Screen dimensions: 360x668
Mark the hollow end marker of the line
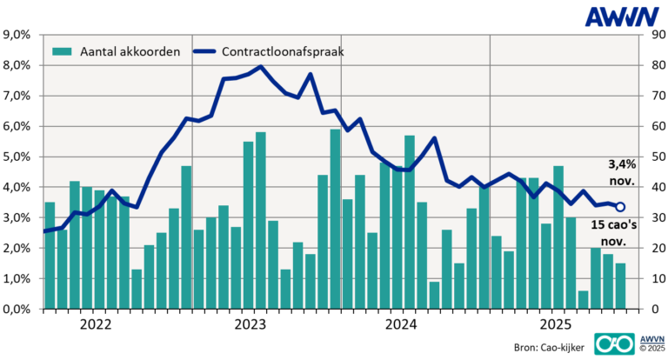(620, 207)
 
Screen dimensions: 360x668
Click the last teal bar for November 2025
(620, 286)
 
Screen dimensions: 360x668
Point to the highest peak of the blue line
(261, 67)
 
